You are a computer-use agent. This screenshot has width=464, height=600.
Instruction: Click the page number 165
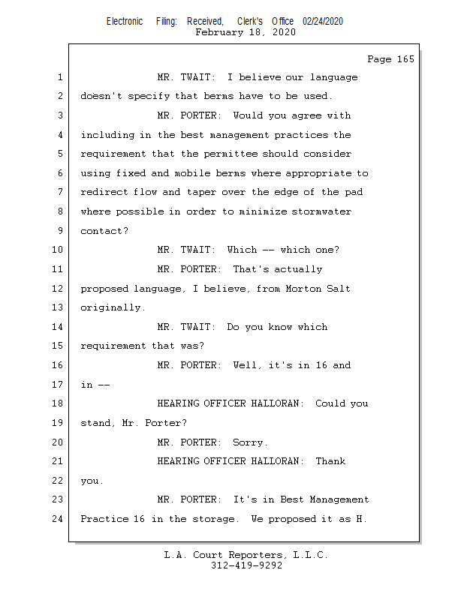coord(405,59)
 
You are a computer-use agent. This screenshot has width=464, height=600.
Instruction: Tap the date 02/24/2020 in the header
coord(323,22)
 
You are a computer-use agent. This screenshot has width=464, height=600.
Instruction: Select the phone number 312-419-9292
coord(246,565)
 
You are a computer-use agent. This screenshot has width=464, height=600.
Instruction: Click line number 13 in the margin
coord(57,307)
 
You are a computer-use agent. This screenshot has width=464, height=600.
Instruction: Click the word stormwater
coord(321,211)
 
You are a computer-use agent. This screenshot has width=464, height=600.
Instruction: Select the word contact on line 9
coord(101,231)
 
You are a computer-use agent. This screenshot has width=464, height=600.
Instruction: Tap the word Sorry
coord(248,442)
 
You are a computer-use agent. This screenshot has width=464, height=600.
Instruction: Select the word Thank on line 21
coord(330,461)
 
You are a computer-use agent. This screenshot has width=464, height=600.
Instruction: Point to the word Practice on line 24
coord(104,519)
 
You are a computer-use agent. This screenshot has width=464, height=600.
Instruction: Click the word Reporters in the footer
coord(255,555)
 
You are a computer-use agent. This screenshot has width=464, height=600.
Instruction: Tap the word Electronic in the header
coord(125,22)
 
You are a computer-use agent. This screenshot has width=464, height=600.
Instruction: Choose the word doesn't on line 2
coord(101,96)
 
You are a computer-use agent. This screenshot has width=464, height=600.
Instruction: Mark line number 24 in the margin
coord(57,519)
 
